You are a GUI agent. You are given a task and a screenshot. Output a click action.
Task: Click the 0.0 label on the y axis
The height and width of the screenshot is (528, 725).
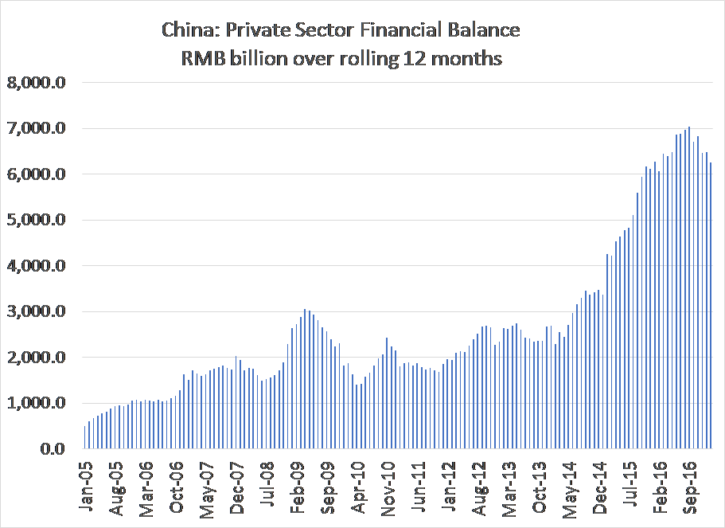pyautogui.click(x=55, y=449)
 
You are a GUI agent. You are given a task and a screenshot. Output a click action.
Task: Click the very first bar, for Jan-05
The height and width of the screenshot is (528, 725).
pyautogui.click(x=84, y=437)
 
